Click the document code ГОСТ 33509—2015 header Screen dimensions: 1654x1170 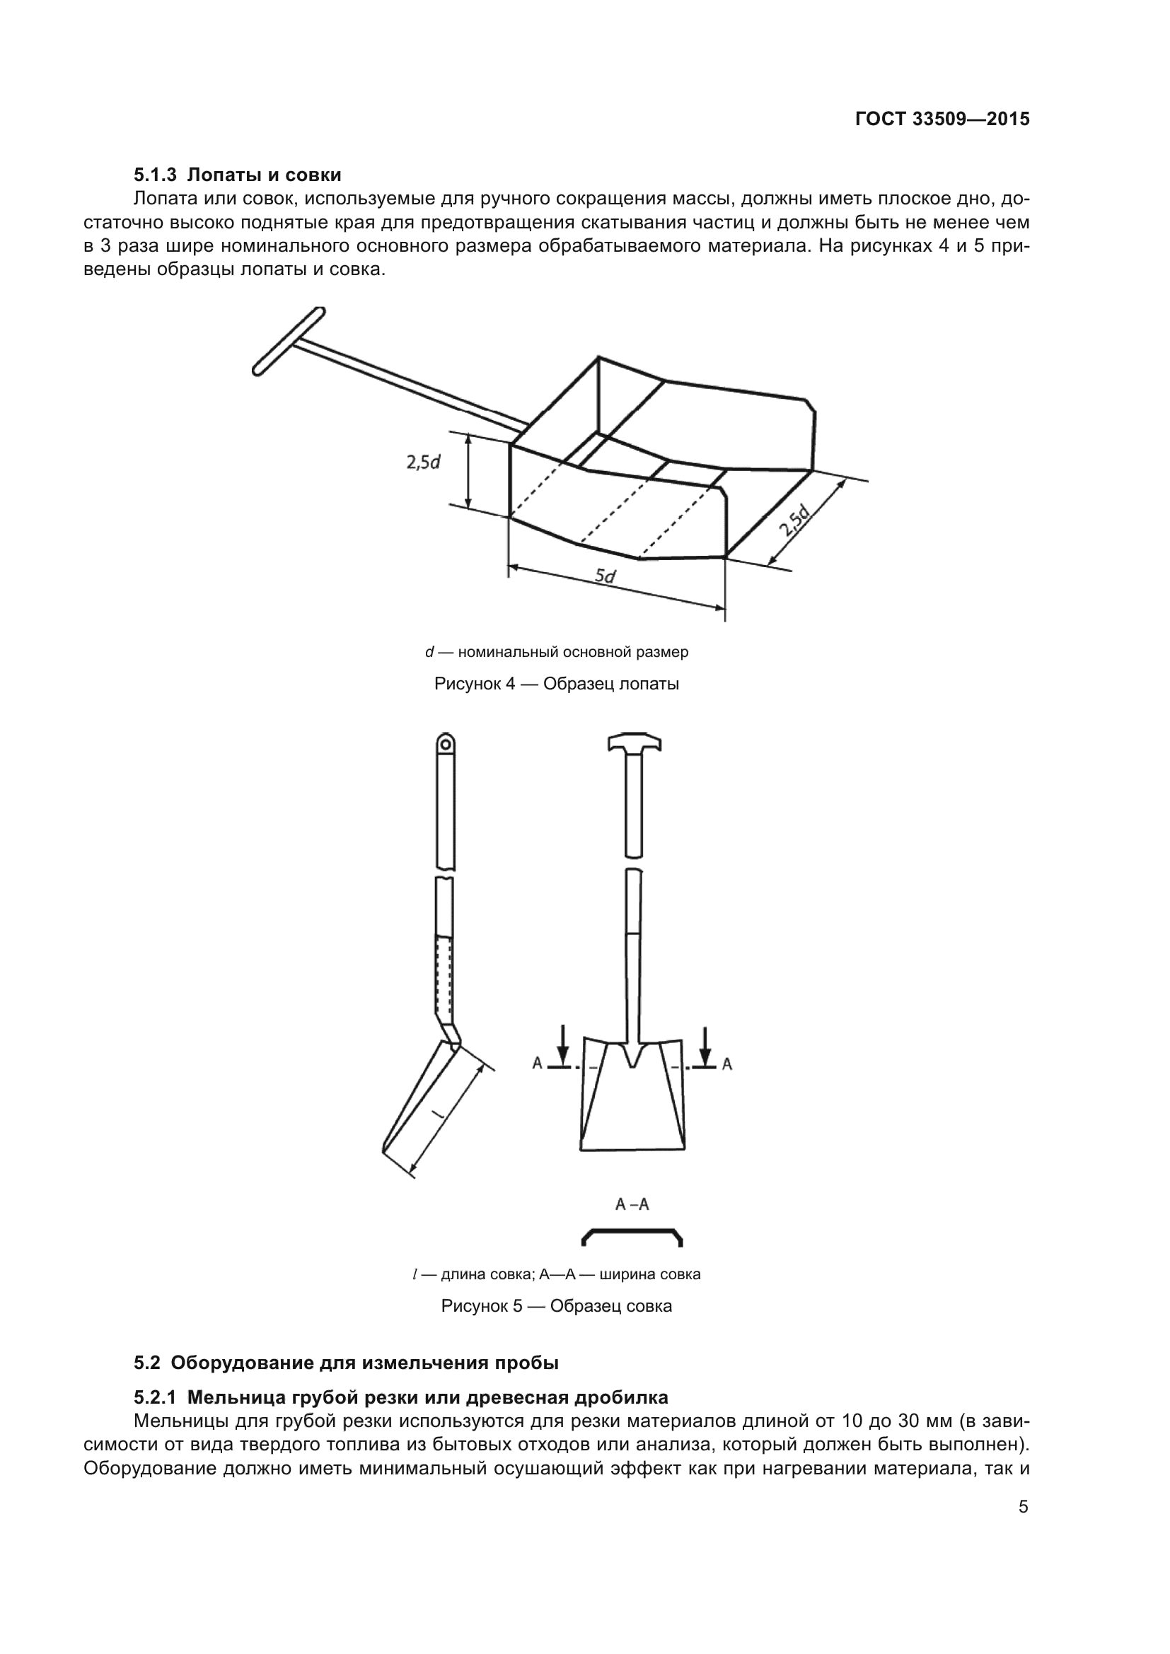(x=942, y=119)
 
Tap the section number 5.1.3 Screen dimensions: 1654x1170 (x=155, y=175)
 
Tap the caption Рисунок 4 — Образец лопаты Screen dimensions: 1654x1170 (x=556, y=684)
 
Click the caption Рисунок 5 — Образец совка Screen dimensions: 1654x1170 (x=556, y=1306)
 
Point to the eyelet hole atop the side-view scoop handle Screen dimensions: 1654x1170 (x=446, y=742)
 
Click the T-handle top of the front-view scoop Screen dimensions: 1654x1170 (x=634, y=745)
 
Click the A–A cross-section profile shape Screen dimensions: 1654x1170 (x=632, y=1237)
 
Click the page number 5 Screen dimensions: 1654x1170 (x=1024, y=1507)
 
